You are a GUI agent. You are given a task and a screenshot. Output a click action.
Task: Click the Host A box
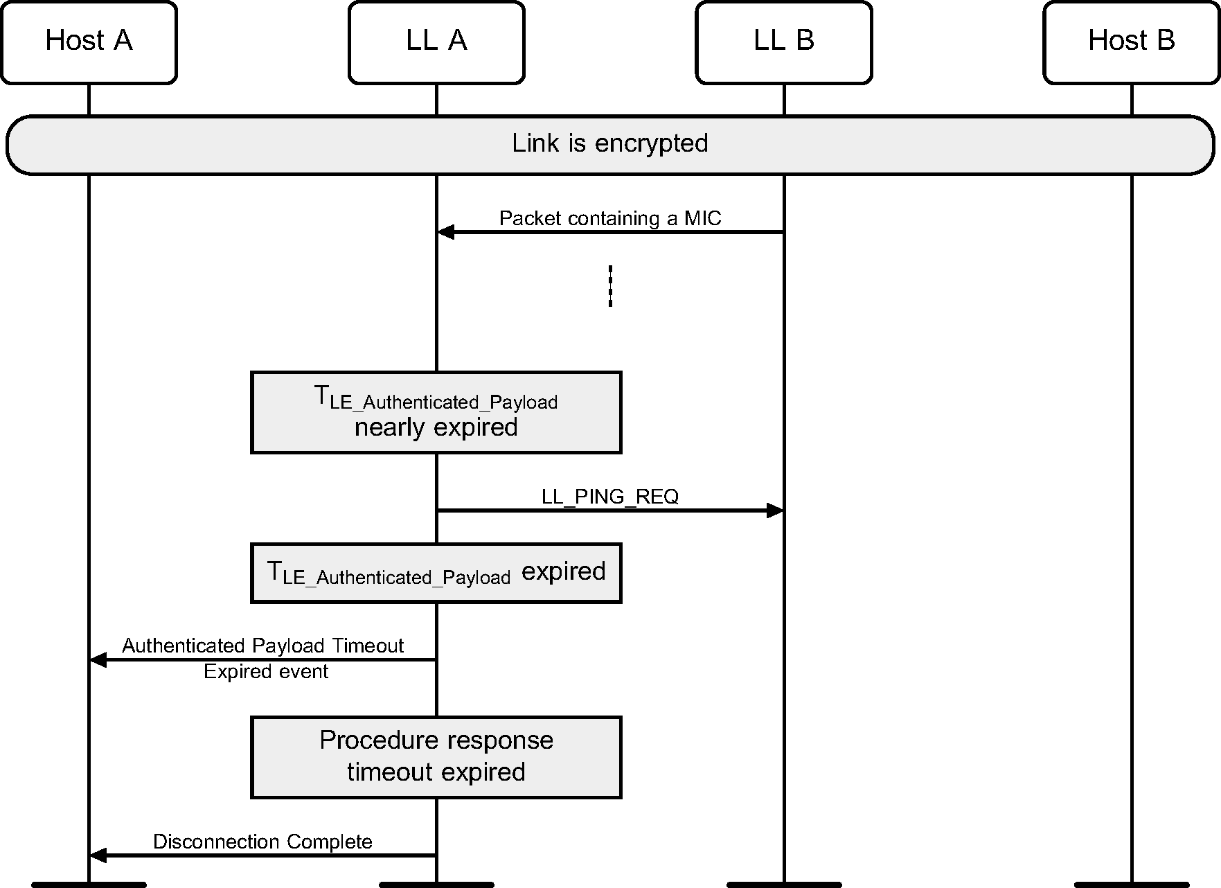click(89, 42)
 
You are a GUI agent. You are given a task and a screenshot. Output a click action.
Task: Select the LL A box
click(436, 42)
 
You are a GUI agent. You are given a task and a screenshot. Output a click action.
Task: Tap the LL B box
click(784, 42)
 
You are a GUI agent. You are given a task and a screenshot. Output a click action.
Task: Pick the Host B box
click(1132, 42)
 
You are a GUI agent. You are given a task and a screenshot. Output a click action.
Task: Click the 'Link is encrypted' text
click(609, 143)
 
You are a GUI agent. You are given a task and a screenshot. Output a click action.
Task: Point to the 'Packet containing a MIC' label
click(609, 218)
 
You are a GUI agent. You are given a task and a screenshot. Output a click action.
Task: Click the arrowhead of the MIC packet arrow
click(445, 232)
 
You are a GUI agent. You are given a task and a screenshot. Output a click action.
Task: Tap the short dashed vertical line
click(610, 285)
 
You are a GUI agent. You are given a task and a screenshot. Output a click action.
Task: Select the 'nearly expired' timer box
click(436, 413)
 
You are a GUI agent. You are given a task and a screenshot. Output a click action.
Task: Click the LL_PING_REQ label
click(609, 497)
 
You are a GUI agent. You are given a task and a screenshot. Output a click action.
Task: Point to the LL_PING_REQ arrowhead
click(775, 511)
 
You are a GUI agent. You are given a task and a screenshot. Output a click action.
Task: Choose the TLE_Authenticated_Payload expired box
click(436, 573)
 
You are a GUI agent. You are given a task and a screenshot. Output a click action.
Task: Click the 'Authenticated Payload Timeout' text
click(263, 646)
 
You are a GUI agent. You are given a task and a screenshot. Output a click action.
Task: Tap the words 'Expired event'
click(266, 672)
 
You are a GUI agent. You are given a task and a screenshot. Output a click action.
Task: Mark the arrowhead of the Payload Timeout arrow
click(98, 660)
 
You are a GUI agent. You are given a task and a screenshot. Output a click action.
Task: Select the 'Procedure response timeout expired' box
click(436, 757)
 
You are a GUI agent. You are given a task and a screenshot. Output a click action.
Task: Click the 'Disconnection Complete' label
click(262, 842)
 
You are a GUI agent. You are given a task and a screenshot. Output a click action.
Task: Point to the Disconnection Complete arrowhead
click(98, 855)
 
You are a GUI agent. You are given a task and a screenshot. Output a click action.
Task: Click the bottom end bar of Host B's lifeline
click(1132, 885)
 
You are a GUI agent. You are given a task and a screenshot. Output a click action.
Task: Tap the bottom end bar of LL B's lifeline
click(784, 885)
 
